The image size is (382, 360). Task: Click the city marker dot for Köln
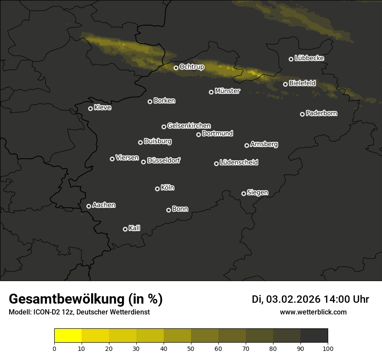157,189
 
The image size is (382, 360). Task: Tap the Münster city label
227,91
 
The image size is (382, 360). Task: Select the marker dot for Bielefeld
285,84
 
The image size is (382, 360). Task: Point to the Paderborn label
321,113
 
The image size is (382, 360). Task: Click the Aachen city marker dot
89,206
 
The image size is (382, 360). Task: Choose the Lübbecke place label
309,58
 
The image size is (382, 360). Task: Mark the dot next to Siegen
244,193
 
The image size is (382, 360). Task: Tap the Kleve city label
102,108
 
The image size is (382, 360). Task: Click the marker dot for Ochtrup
176,68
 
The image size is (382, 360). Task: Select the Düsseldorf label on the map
164,160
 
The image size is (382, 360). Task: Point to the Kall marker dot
125,229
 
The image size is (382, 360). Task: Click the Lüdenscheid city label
239,163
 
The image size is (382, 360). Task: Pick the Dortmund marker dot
198,134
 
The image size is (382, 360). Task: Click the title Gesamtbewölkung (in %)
86,299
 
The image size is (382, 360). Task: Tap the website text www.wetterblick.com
313,312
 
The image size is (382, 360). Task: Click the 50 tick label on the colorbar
191,348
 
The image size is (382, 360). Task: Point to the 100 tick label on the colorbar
328,348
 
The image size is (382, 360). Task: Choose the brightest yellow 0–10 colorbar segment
68,336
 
